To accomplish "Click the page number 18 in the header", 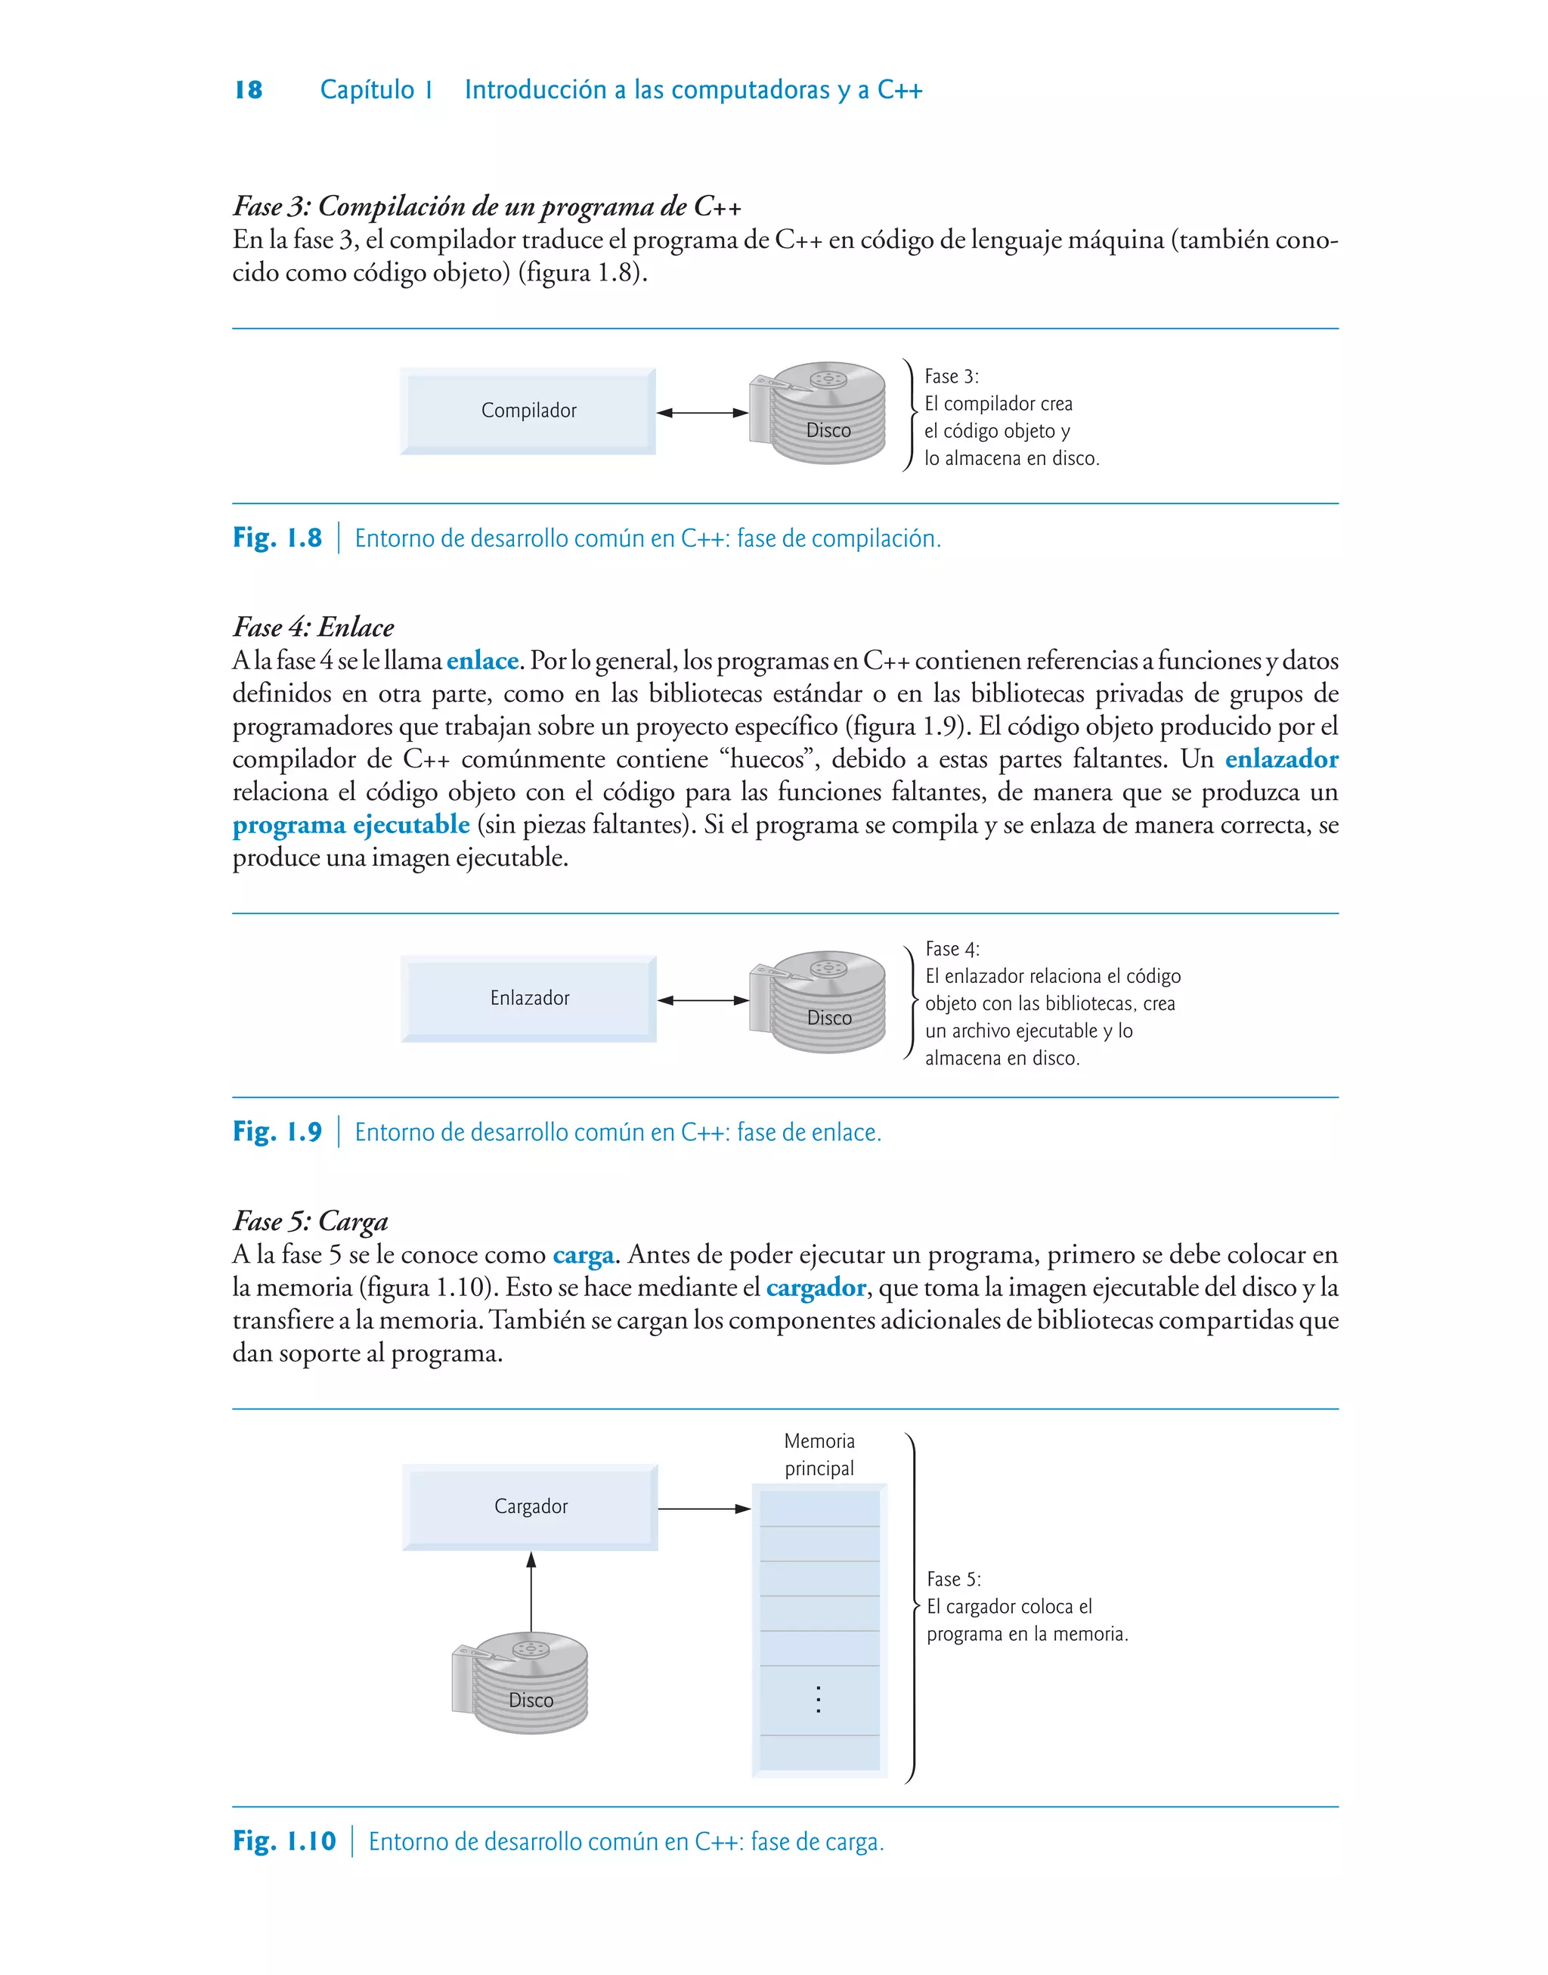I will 249,90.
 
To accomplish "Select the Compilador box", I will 528,411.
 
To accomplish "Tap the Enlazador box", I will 529,998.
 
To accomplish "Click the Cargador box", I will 530,1506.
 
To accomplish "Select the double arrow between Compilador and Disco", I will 702,414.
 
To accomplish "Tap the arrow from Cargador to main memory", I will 704,1509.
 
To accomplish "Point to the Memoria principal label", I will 819,1454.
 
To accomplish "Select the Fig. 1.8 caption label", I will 277,538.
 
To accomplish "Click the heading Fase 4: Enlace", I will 314,628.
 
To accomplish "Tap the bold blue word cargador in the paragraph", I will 816,1287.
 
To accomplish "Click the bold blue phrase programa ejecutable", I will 351,825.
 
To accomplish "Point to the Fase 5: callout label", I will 953,1579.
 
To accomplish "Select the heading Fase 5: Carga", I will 310,1221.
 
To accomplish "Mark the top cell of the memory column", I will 819,1509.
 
